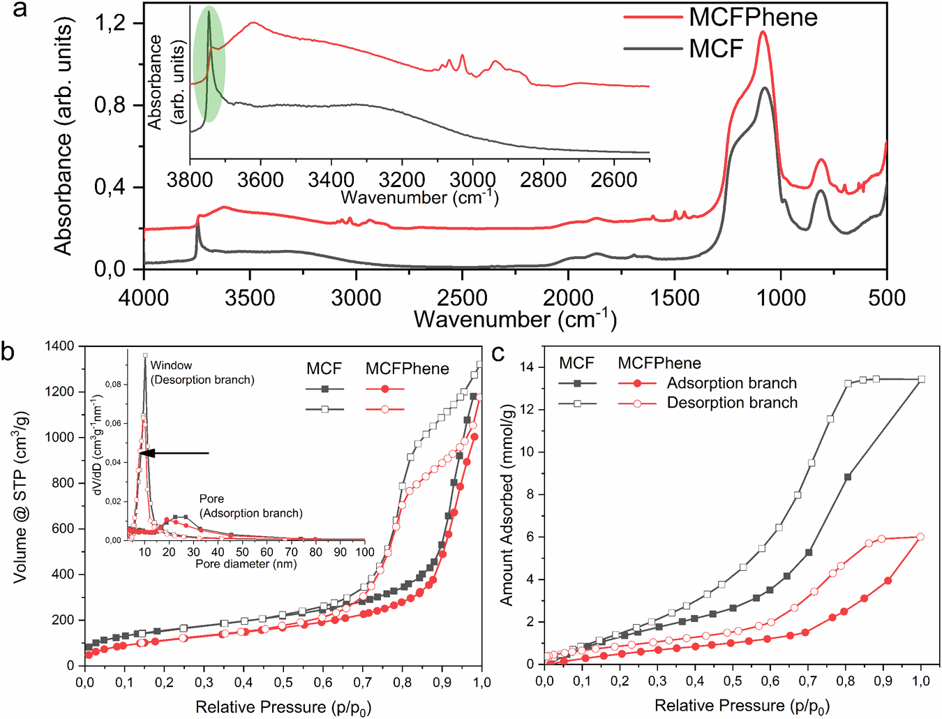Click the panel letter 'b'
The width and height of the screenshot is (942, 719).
click(8, 350)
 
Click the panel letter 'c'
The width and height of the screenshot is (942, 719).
click(498, 354)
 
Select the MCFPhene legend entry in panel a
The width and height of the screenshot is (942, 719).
click(753, 17)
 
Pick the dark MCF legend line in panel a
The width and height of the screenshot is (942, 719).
click(652, 49)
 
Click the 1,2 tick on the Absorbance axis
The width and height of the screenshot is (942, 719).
click(110, 23)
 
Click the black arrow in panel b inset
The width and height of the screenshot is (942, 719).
click(174, 453)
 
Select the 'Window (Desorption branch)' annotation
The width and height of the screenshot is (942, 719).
click(202, 372)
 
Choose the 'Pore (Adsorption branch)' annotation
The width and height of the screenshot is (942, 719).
click(251, 506)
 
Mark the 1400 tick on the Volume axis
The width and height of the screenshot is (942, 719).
click(59, 346)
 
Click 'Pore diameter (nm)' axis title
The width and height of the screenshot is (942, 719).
click(246, 563)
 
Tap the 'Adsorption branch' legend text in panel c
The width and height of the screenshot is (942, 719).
click(731, 383)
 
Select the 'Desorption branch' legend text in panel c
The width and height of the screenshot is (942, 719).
click(732, 403)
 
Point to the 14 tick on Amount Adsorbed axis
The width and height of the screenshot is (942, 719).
click(528, 367)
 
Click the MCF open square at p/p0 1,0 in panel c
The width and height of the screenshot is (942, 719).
click(921, 379)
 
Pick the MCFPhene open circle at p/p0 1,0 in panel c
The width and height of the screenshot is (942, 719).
click(920, 537)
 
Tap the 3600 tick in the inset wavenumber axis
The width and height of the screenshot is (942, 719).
click(261, 180)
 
